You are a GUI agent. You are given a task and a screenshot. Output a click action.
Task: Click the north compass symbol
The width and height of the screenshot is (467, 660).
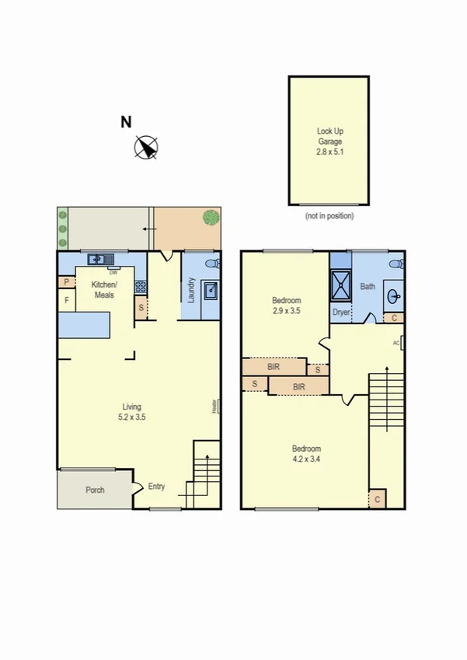tap(147, 146)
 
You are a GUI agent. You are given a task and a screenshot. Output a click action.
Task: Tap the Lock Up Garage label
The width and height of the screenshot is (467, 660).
tap(329, 142)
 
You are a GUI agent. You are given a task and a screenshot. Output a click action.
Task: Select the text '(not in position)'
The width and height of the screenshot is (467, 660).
tap(329, 215)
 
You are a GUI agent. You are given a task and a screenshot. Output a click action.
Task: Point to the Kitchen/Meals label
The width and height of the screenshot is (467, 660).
tap(103, 290)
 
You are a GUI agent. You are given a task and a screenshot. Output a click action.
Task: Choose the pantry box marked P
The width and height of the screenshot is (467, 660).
tap(67, 282)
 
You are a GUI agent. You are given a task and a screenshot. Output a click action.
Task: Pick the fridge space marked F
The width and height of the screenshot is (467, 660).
tap(67, 300)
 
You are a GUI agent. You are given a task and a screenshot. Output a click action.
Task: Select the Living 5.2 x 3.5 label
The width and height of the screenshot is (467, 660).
tap(134, 411)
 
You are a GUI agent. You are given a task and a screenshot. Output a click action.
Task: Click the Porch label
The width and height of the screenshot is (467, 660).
tap(95, 490)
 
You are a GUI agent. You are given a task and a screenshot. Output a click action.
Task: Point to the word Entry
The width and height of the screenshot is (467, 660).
tap(157, 487)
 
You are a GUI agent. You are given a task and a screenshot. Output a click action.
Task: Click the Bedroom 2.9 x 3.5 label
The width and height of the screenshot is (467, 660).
tap(286, 306)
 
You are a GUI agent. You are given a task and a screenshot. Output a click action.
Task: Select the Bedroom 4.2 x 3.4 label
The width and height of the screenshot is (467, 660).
tap(306, 453)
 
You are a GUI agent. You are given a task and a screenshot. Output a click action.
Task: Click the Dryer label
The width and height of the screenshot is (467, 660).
tap(341, 312)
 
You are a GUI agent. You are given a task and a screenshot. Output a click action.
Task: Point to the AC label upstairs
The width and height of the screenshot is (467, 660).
tap(396, 343)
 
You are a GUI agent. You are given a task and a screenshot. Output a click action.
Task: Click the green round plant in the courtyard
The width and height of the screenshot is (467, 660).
tap(210, 217)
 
